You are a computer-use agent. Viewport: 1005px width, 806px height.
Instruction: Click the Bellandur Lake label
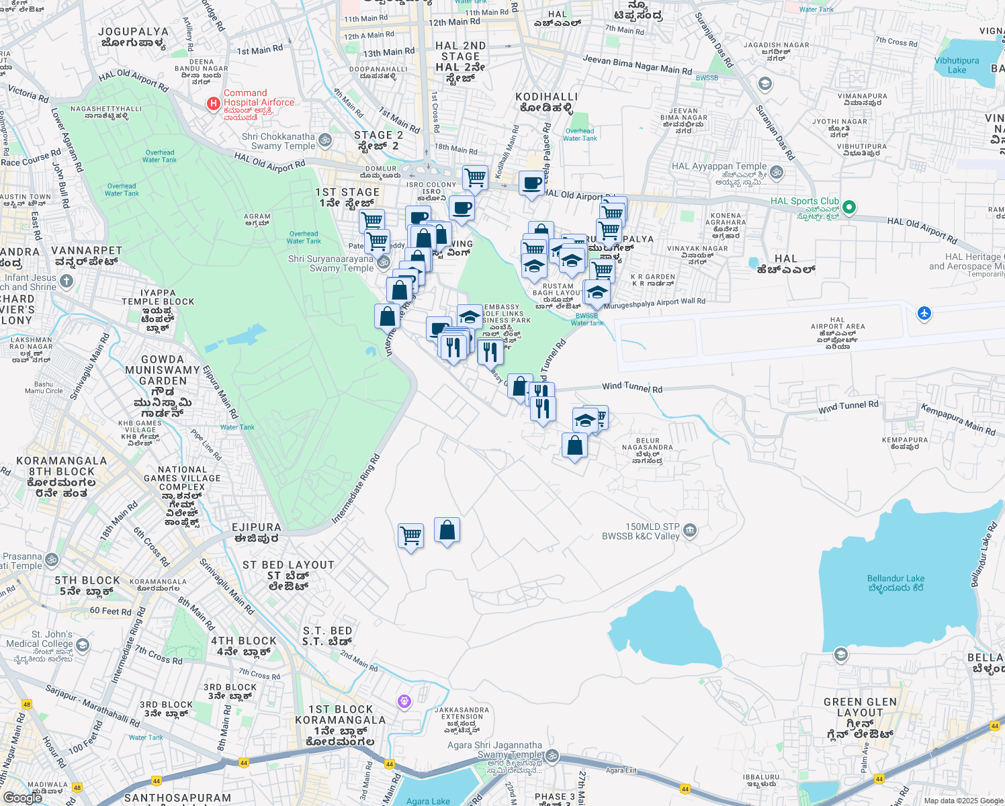point(895,582)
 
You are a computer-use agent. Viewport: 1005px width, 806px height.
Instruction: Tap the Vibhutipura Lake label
point(957,65)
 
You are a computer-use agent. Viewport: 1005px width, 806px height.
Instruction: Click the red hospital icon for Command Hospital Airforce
point(213,103)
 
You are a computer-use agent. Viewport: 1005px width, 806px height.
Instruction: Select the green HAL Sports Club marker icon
point(849,207)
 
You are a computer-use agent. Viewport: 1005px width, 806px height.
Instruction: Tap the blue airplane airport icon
point(924,313)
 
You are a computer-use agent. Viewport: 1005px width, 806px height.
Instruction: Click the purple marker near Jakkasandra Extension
point(404,701)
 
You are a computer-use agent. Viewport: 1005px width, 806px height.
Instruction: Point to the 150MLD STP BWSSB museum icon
point(689,531)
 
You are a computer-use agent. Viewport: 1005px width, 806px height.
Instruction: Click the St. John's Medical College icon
point(82,645)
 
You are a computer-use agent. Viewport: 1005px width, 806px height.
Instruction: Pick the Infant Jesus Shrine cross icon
point(66,281)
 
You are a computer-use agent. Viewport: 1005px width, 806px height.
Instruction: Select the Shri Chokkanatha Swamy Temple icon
point(325,140)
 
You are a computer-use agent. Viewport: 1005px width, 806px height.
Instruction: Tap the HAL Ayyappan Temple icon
point(777,172)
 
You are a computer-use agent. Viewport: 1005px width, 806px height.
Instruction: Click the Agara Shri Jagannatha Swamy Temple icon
point(552,756)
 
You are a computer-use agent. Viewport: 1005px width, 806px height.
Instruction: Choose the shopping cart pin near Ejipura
point(410,537)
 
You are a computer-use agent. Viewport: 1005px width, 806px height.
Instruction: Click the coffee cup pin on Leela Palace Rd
point(531,183)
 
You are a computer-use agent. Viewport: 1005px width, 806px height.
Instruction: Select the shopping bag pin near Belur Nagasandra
point(574,445)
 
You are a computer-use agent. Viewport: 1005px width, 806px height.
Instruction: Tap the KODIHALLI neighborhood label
point(546,102)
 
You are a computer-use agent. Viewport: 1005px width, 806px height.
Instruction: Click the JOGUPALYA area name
point(133,37)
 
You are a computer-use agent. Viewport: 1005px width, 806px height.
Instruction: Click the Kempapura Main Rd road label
point(958,420)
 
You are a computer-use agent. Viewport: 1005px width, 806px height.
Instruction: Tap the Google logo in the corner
point(23,797)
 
